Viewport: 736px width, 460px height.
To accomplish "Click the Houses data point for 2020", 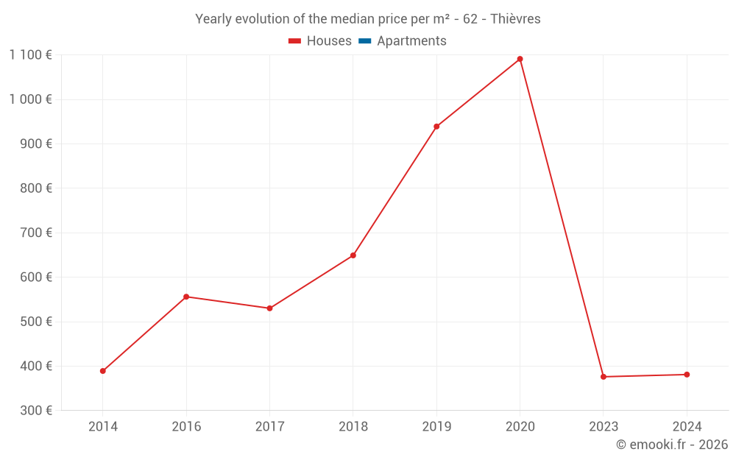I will click(x=520, y=59).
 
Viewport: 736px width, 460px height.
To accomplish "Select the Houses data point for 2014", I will click(x=103, y=371).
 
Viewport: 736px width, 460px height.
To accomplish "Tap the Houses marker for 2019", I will click(x=436, y=127).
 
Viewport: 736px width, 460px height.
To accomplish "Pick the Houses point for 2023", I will click(x=604, y=377).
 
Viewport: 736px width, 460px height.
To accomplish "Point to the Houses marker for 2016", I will click(x=186, y=297).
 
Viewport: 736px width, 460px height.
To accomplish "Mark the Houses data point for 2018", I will click(x=353, y=255).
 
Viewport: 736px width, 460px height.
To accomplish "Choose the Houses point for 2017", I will click(x=269, y=308).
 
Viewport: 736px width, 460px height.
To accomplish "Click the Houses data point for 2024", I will click(x=687, y=375).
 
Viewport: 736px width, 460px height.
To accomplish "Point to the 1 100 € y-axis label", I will click(x=30, y=54).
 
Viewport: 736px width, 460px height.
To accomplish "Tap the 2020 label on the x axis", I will click(x=520, y=426).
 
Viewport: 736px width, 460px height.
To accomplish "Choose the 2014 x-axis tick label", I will click(x=103, y=426).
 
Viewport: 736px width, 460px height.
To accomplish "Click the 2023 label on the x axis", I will click(x=604, y=426).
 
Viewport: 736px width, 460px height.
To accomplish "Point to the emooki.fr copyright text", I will click(x=672, y=445).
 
